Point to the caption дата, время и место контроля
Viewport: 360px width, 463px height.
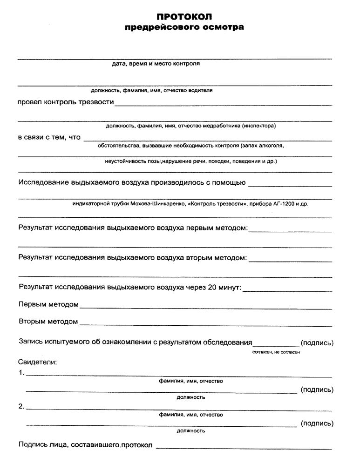[156, 64]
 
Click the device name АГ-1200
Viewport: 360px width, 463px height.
[282, 203]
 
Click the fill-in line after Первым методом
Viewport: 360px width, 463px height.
[205, 308]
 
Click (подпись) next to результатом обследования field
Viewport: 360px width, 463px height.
[317, 343]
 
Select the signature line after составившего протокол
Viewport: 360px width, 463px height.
[244, 448]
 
